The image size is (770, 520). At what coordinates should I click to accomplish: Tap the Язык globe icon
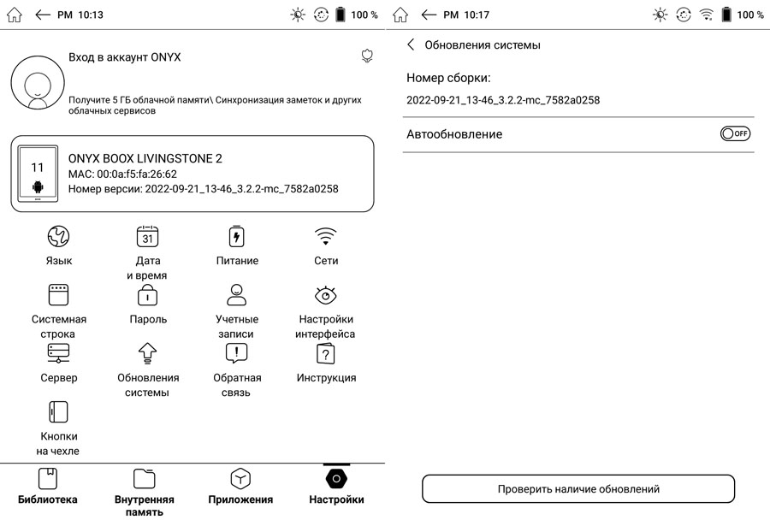click(x=58, y=236)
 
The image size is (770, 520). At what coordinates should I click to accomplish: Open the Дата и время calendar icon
click(x=147, y=236)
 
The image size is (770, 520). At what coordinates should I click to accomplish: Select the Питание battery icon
click(x=237, y=236)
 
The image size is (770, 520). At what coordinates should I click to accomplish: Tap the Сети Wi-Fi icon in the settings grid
click(x=326, y=236)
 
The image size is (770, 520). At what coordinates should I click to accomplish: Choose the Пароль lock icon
click(x=147, y=295)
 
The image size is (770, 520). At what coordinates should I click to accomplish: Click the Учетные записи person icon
click(x=237, y=294)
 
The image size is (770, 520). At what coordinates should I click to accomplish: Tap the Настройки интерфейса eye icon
click(x=326, y=295)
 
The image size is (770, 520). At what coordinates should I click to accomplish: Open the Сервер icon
click(x=58, y=353)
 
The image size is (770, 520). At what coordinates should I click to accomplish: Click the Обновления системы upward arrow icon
click(x=147, y=353)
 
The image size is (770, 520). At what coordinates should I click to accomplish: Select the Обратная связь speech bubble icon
click(x=237, y=353)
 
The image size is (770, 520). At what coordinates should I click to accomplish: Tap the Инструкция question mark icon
click(x=326, y=353)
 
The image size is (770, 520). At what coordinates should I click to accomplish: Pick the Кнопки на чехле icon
click(x=58, y=412)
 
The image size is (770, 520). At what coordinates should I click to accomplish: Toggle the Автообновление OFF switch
click(x=735, y=133)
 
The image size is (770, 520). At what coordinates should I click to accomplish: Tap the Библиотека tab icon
click(x=48, y=479)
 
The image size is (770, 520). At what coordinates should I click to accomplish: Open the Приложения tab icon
click(x=240, y=479)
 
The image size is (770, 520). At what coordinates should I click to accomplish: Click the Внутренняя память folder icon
click(x=144, y=479)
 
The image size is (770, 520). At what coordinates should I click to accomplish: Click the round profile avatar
click(x=38, y=82)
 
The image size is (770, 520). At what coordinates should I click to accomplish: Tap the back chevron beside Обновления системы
click(x=411, y=44)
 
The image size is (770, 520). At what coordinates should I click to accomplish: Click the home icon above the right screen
click(x=400, y=15)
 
